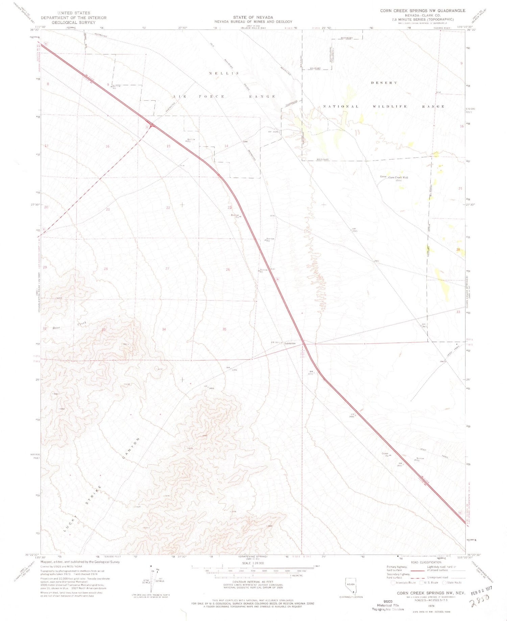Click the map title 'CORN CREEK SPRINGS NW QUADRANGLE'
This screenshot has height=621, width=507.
pos(422,10)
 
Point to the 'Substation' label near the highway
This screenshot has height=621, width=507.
pos(290,343)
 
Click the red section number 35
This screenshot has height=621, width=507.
pos(224,329)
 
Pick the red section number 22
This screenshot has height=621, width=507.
pos(168,207)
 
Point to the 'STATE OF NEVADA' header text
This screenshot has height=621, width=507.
pos(253,17)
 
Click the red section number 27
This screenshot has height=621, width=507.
pos(167,269)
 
